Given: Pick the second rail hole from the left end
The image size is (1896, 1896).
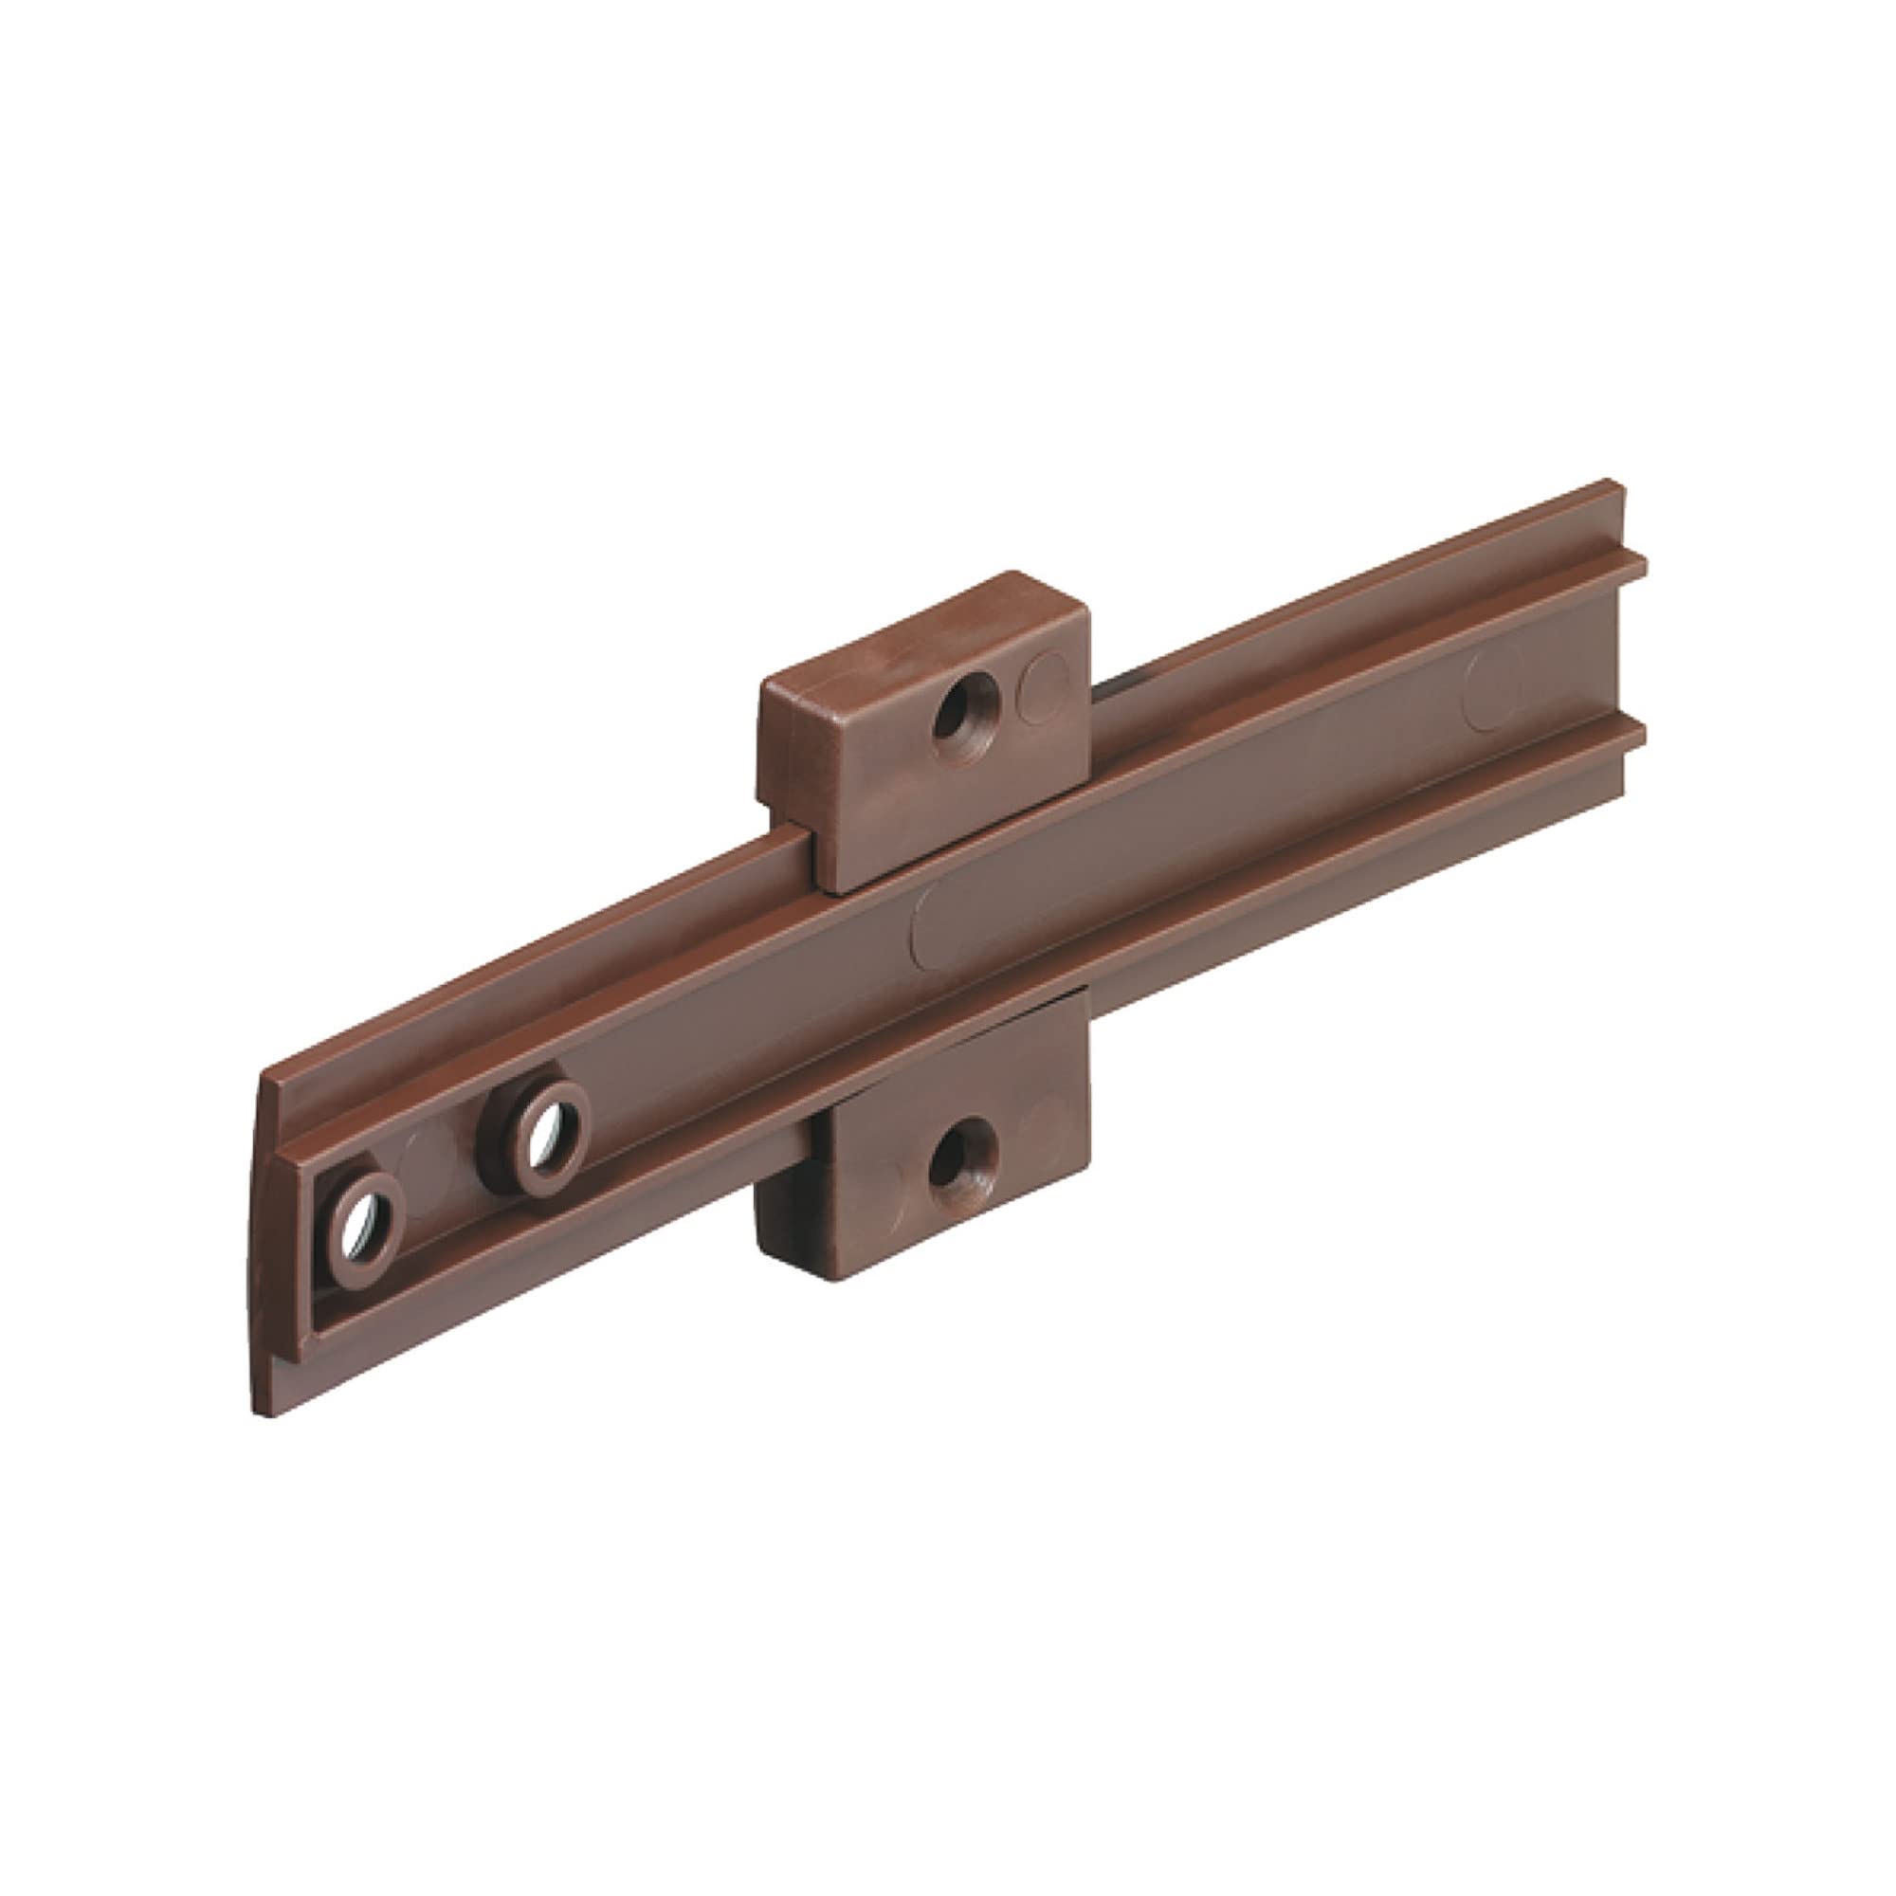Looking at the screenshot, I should point(541,1139).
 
